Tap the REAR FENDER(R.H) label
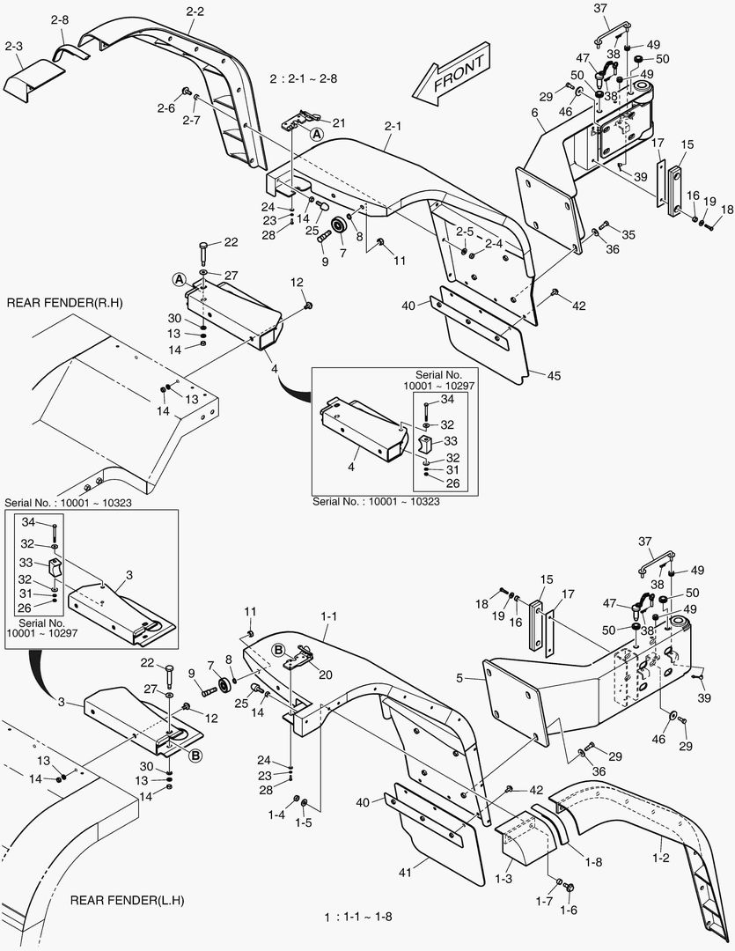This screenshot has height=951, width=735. point(64,303)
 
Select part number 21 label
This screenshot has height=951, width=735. point(338,122)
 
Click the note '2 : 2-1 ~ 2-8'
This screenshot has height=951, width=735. point(304,78)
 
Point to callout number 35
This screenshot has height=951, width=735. point(628,234)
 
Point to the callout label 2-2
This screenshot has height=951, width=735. point(195,11)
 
